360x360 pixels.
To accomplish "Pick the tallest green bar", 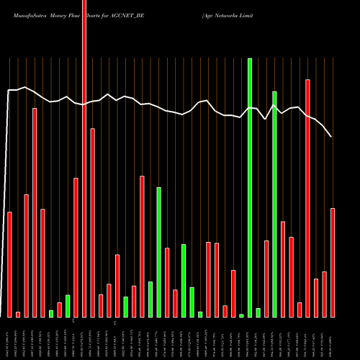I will tap(250, 187).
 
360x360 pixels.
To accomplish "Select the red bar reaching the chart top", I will tap(84, 158).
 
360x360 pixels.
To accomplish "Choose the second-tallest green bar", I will tap(274, 204).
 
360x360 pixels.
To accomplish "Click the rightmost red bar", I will tap(333, 262).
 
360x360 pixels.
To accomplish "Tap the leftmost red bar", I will tap(9, 264).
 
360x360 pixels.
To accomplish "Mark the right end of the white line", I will tap(331, 136).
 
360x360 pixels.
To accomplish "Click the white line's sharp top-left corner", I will tap(9, 90).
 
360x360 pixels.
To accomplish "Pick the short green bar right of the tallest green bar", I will tap(258, 312).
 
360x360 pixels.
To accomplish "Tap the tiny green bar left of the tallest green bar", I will tap(241, 315).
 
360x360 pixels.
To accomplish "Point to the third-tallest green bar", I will tap(158, 252).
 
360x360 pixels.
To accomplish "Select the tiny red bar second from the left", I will tap(18, 314).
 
